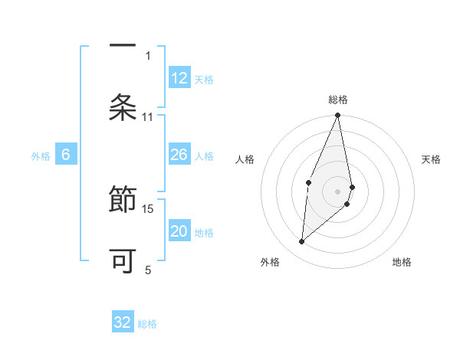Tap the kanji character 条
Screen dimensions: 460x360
coord(123,106)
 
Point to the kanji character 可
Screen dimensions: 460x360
coord(123,260)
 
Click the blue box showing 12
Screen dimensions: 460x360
coord(179,78)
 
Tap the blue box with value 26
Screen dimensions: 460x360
coord(179,155)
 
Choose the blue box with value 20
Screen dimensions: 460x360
coord(179,232)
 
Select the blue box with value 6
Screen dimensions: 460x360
coord(66,155)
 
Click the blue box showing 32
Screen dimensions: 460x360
coord(123,322)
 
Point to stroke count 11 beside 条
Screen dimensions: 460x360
coord(148,116)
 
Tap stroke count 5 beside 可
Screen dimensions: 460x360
coord(148,269)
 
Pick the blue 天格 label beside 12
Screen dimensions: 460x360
coord(204,79)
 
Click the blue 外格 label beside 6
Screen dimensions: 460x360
coord(41,155)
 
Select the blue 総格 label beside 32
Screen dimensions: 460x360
coord(147,323)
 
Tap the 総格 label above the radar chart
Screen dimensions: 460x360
coord(337,100)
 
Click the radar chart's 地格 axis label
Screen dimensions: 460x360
coord(402,262)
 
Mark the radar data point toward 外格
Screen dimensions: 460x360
coord(302,242)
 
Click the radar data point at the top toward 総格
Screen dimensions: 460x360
coord(337,116)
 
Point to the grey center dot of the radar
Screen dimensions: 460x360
coord(337,191)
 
